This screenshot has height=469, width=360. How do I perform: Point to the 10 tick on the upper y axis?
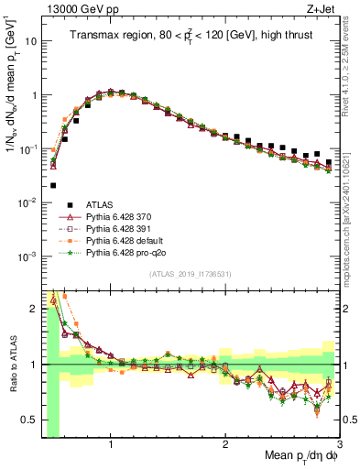[x=31, y=41]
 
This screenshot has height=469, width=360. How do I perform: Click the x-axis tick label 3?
[x=339, y=444]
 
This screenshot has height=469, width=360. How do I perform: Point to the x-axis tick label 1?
[x=111, y=444]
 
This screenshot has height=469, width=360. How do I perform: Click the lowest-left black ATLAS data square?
[x=53, y=185]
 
